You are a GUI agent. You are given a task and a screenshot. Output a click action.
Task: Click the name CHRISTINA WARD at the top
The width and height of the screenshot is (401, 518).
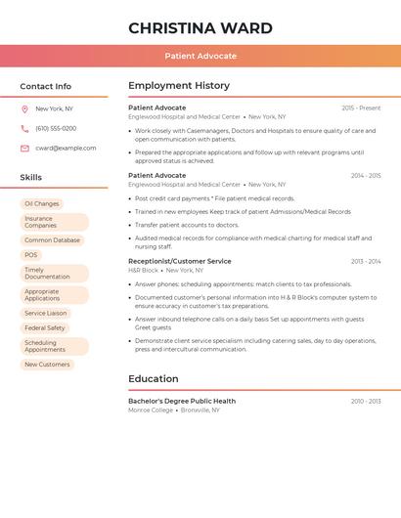pyautogui.click(x=200, y=28)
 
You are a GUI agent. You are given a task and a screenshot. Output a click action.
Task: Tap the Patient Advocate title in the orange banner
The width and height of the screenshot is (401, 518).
pyautogui.click(x=200, y=56)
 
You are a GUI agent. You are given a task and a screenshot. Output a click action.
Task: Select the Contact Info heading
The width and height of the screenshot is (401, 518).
pyautogui.click(x=45, y=86)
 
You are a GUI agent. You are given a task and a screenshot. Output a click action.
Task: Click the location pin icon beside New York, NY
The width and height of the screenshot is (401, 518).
pyautogui.click(x=24, y=108)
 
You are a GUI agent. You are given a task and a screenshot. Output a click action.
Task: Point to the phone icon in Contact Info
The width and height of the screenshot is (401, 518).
pyautogui.click(x=24, y=128)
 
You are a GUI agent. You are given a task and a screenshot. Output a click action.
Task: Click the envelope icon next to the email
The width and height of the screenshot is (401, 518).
pyautogui.click(x=24, y=148)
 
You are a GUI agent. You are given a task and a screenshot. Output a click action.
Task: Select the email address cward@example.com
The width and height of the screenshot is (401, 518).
pyautogui.click(x=66, y=148)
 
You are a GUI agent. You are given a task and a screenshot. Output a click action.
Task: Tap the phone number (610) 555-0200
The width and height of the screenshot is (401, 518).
pyautogui.click(x=56, y=128)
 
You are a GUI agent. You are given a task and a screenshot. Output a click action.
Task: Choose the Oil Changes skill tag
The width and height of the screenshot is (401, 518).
pyautogui.click(x=42, y=204)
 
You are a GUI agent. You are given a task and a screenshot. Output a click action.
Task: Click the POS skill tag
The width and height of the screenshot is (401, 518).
pyautogui.click(x=31, y=255)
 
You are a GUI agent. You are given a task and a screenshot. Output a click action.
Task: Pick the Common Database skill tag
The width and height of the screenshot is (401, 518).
pyautogui.click(x=52, y=239)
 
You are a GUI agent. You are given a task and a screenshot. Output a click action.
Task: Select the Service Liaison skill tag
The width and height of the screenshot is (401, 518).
pyautogui.click(x=46, y=314)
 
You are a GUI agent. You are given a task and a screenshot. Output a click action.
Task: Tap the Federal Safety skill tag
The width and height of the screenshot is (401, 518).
pyautogui.click(x=45, y=328)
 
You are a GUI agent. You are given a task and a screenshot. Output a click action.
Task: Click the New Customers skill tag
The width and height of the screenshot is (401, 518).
pyautogui.click(x=47, y=365)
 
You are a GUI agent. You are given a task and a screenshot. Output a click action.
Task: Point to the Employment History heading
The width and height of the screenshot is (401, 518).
pyautogui.click(x=179, y=86)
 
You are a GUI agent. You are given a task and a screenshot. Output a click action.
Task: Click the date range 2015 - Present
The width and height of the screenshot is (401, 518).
pyautogui.click(x=361, y=108)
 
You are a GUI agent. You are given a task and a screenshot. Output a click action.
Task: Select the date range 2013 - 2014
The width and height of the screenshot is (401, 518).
pyautogui.click(x=366, y=261)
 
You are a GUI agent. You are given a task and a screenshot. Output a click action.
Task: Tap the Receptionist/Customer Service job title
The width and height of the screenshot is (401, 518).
pyautogui.click(x=180, y=261)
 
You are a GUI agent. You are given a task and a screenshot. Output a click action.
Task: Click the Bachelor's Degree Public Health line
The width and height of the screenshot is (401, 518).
pyautogui.click(x=182, y=401)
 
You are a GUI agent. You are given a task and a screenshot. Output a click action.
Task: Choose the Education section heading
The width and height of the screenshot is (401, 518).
pyautogui.click(x=154, y=379)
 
